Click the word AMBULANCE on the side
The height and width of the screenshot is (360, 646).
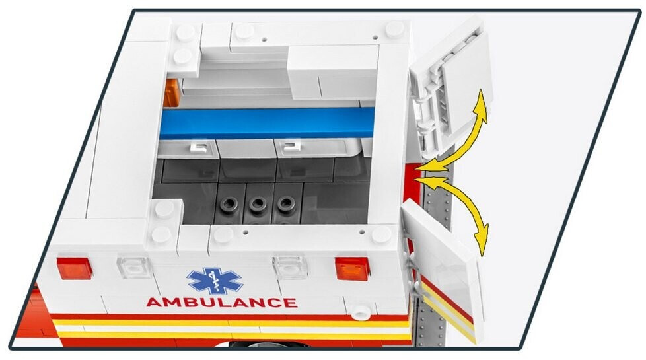(x=222, y=303)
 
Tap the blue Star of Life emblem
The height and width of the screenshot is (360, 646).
(x=215, y=281)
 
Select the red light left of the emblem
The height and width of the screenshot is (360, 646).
(x=74, y=269)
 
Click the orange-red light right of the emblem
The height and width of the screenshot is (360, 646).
(x=352, y=269)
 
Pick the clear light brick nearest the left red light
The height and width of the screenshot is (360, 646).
(x=134, y=268)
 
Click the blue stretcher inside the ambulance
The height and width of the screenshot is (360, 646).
(x=267, y=123)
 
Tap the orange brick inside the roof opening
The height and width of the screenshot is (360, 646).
(x=171, y=93)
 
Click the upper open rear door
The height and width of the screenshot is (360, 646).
(x=451, y=87)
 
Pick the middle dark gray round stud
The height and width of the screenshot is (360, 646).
(x=258, y=203)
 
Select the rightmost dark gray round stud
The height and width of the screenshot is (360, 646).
(x=285, y=203)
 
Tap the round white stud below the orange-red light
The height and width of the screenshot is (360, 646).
(x=361, y=312)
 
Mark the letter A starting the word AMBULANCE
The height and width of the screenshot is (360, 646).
(x=154, y=303)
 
